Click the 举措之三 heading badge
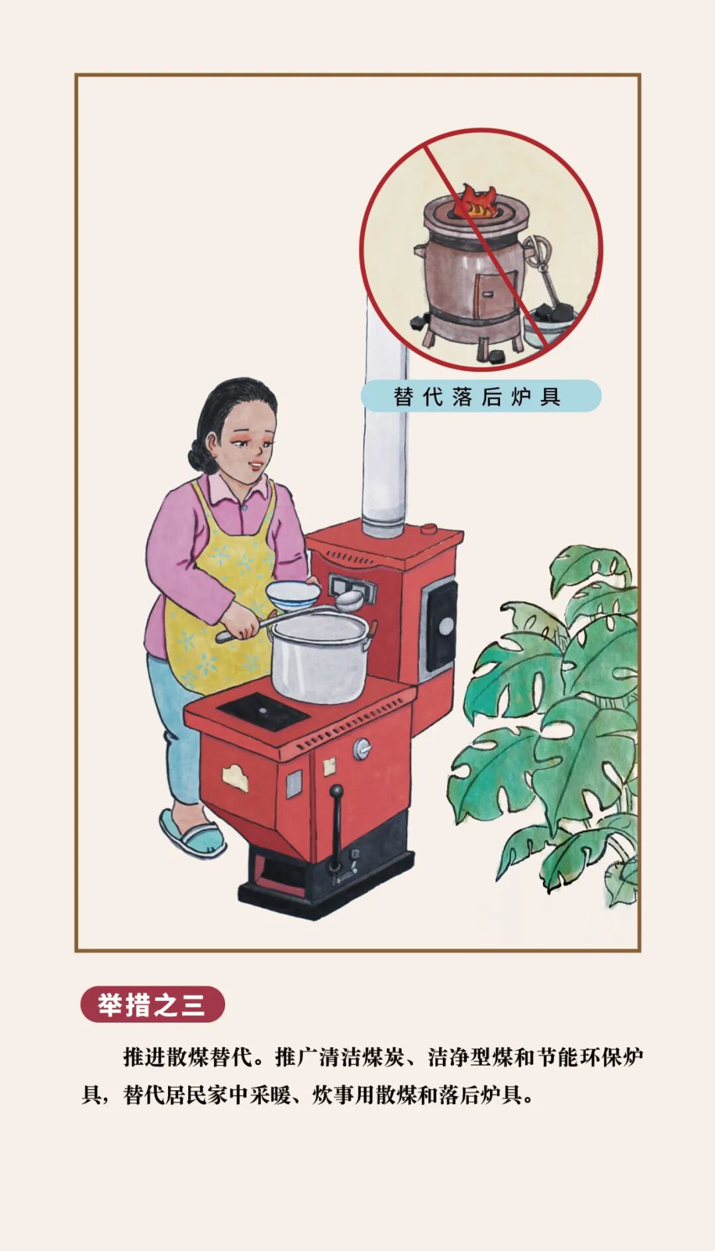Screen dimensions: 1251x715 tap(152, 1005)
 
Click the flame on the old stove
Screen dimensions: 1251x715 tap(476, 202)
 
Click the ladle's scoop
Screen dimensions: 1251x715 tap(349, 600)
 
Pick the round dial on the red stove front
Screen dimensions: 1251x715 tap(362, 748)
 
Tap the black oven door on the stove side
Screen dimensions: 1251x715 tap(440, 625)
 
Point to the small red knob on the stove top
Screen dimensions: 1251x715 tap(428, 529)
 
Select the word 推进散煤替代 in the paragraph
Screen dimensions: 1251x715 tap(187, 1058)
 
